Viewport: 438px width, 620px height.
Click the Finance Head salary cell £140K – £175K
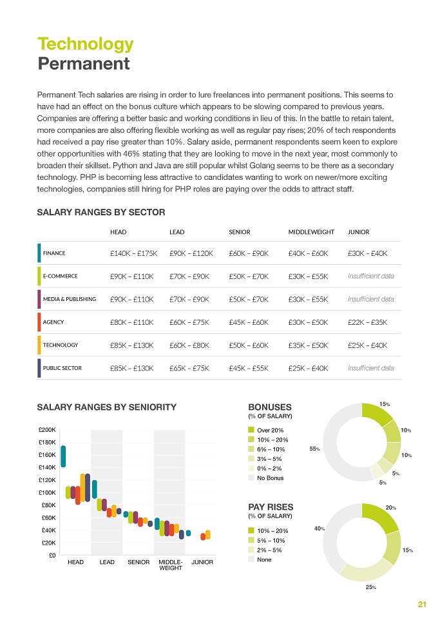133,253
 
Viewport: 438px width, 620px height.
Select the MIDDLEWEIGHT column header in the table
311,232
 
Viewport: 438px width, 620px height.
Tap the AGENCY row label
53,322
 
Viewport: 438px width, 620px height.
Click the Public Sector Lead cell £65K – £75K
189,368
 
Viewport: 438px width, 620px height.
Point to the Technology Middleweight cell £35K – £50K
308,345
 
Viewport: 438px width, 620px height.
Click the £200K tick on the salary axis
47,430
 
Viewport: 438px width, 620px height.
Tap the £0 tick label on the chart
52,556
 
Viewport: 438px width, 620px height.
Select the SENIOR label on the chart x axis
138,562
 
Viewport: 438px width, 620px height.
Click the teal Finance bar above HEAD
63,456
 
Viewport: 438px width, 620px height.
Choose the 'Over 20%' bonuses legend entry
265,431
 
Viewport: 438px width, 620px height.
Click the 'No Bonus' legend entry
265,478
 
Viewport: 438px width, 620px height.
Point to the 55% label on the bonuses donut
315,449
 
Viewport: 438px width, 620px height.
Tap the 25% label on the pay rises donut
371,587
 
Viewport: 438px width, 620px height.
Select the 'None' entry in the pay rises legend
260,559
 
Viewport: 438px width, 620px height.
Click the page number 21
422,604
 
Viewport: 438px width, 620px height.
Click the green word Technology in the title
86,44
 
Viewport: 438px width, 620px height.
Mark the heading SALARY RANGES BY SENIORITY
107,407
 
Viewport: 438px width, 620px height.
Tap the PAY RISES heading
271,507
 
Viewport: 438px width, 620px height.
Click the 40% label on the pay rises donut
319,528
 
